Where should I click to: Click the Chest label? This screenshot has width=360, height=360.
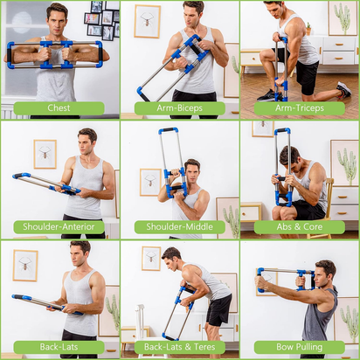(59, 108)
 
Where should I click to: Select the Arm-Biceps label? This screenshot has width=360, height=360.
(179, 108)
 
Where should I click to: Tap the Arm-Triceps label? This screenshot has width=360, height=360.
(299, 108)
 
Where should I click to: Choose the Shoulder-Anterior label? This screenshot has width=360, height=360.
(59, 227)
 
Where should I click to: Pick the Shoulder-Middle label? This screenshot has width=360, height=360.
(179, 227)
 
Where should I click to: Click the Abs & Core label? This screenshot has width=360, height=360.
(299, 227)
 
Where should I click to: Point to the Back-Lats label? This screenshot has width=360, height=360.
(59, 347)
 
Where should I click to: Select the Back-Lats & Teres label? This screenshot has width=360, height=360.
(179, 347)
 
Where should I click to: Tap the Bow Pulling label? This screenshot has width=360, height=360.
(299, 347)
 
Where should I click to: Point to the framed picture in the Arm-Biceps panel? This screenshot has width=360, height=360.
(147, 21)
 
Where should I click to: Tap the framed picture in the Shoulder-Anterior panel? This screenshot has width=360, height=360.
(45, 154)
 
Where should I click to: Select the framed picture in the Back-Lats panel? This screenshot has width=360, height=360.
(25, 265)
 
